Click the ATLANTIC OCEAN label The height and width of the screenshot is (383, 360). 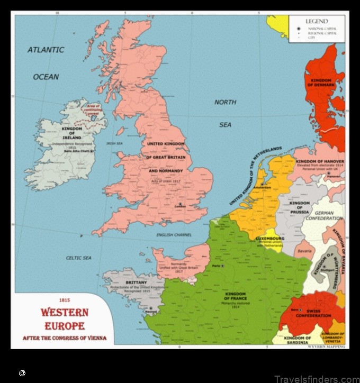46,63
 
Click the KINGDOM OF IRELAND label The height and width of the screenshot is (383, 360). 71,133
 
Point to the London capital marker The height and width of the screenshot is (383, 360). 180,205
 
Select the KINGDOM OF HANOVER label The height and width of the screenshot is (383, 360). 320,161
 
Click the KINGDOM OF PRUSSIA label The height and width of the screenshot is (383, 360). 300,207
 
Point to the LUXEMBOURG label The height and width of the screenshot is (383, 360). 270,239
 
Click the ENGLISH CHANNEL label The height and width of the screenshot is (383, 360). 174,235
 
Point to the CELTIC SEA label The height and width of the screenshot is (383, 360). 79,258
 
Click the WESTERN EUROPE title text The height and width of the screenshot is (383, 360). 65,318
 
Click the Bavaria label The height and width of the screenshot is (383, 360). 304,250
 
